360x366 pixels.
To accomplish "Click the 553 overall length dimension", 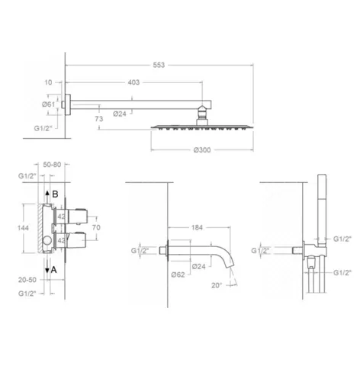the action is [x=159, y=65].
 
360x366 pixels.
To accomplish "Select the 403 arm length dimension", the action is [x=133, y=82].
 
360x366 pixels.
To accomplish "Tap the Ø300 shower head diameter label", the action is [x=202, y=150].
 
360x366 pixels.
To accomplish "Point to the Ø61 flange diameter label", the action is [x=49, y=104].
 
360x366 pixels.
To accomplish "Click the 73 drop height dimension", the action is [x=99, y=119].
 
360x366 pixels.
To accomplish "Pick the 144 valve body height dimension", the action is [x=23, y=228].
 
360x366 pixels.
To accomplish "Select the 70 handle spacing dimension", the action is [x=96, y=227].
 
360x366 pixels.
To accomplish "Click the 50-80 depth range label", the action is [x=52, y=165].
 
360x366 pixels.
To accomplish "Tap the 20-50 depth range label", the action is [x=27, y=280].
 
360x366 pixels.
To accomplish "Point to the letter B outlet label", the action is [x=55, y=194].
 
